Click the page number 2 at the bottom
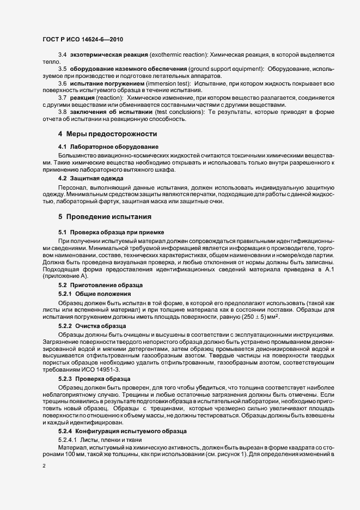point(44,466)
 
